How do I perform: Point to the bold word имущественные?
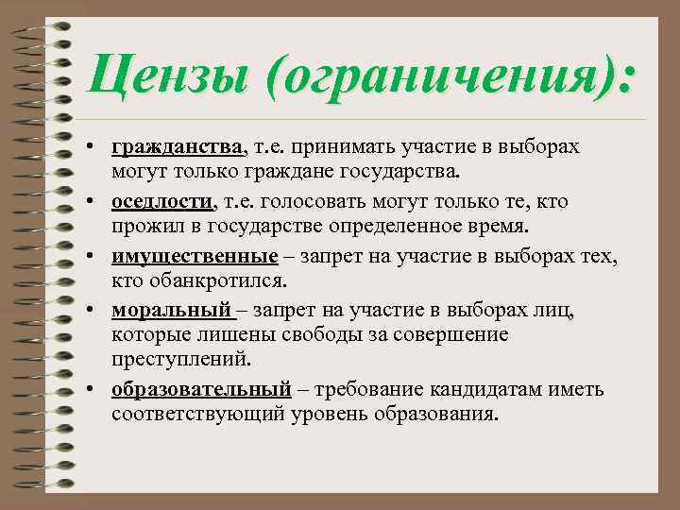tap(195, 256)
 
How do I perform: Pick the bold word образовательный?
tap(200, 389)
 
